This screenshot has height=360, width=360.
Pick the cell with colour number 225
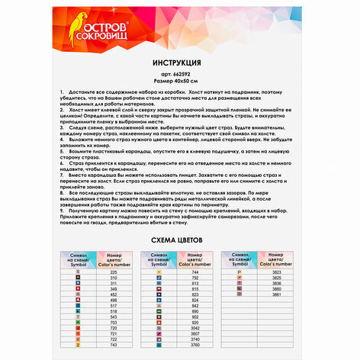(114, 272)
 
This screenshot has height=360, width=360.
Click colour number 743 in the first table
(114, 345)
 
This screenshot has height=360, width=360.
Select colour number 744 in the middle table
(195, 272)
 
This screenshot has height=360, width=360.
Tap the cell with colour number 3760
(195, 345)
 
